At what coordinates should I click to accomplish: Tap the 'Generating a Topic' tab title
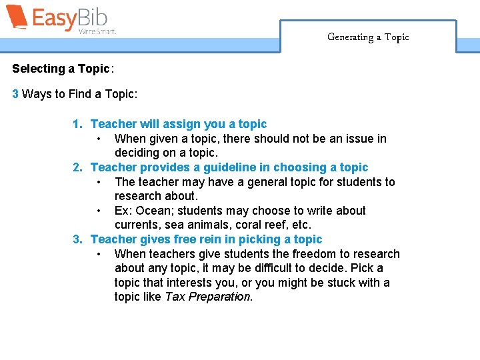coord(368,37)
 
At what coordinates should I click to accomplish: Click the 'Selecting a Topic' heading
coord(60,69)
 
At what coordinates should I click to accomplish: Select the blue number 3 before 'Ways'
coord(15,94)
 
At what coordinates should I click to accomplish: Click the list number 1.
coord(77,124)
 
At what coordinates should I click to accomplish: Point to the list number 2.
coord(77,167)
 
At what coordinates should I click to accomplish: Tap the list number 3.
coord(77,239)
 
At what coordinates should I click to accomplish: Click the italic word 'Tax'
coord(175,297)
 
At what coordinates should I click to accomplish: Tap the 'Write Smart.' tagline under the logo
coord(97,31)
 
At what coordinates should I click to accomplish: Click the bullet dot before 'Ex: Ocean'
coord(99,211)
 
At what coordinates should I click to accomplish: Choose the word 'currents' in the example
coord(136,225)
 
